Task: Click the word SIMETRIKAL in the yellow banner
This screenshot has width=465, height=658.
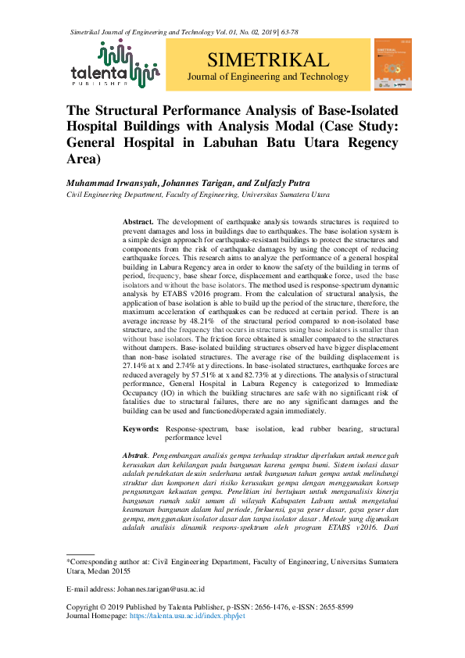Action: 268,60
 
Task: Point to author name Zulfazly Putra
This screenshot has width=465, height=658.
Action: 261,181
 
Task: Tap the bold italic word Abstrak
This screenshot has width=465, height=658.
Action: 138,454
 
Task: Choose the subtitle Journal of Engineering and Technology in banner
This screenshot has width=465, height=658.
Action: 268,77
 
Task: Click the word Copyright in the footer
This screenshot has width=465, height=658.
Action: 85,607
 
